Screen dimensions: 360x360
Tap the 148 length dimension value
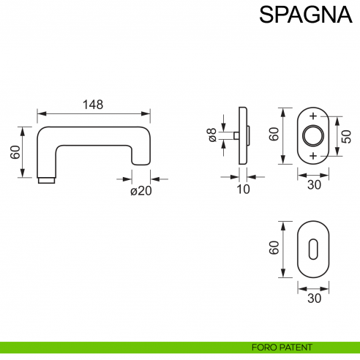point(93,105)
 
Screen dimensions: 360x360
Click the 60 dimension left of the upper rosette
point(274,135)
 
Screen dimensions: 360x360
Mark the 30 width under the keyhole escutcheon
point(314,299)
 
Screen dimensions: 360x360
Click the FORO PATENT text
point(282,347)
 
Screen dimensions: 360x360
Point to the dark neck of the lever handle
point(46,179)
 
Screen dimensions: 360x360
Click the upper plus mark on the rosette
point(314,117)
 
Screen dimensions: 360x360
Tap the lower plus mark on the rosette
point(314,156)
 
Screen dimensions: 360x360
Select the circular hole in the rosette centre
point(314,136)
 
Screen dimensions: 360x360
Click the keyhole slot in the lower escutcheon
point(314,250)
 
